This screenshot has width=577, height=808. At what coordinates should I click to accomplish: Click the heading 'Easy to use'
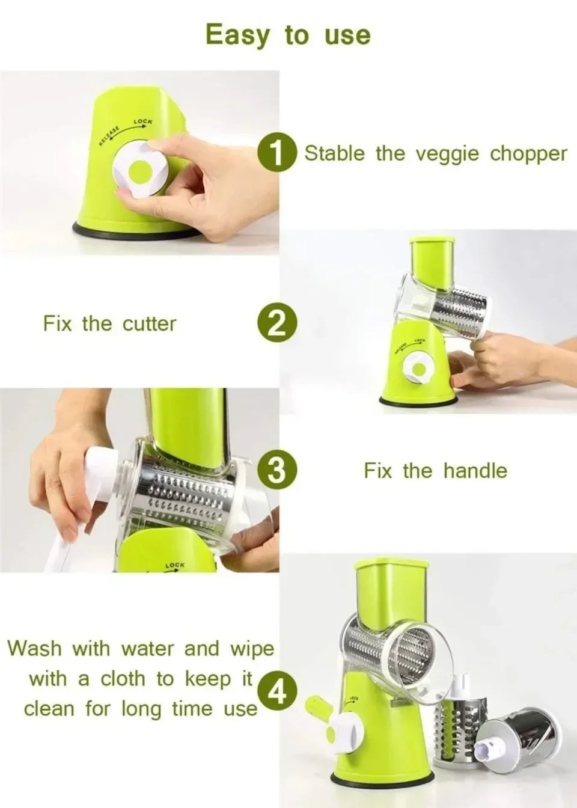click(x=288, y=35)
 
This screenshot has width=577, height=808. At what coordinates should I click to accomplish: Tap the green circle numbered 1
click(x=277, y=153)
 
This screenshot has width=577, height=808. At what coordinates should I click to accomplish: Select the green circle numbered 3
click(x=277, y=470)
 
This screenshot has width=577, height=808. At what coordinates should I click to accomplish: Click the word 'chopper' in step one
click(x=528, y=154)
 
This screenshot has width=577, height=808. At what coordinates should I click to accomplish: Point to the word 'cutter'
click(x=149, y=323)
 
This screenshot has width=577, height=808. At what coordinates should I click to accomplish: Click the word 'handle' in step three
click(x=475, y=470)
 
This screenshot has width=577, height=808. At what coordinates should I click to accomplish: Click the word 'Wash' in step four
click(x=34, y=649)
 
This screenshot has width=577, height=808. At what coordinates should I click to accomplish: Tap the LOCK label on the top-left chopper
click(x=143, y=121)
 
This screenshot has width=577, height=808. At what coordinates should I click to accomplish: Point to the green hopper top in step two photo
click(x=432, y=260)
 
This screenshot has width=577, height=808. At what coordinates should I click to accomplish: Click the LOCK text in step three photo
click(x=175, y=565)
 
